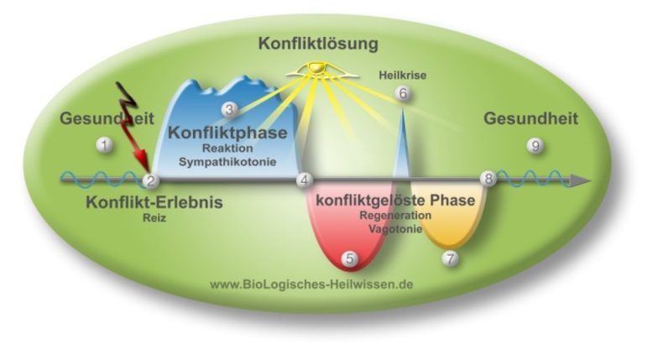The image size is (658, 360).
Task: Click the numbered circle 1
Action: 104,145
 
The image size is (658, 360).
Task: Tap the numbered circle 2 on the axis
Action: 151,180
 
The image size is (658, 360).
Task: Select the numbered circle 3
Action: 229,109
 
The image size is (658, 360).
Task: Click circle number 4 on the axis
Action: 305,180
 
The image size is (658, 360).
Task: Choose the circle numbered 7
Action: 451,258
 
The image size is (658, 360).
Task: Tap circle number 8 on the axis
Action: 488,179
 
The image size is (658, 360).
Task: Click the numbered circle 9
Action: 535,145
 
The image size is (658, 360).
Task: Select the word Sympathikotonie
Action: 232,159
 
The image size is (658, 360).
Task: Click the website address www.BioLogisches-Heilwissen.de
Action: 311,284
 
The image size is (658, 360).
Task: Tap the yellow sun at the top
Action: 316,69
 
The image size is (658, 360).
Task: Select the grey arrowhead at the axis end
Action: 579,180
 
